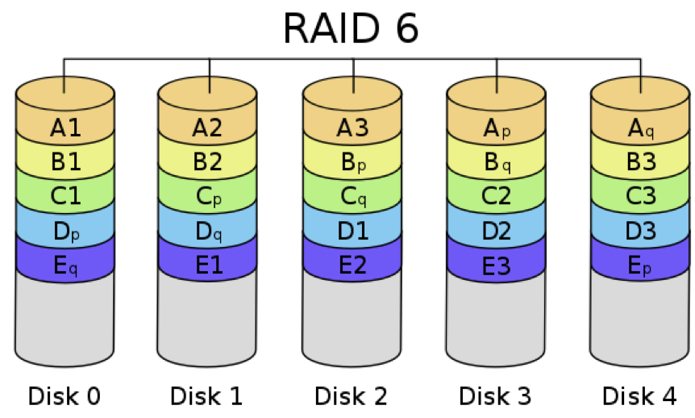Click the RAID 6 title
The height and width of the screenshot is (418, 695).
[351, 28]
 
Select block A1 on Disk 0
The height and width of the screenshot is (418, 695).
[65, 127]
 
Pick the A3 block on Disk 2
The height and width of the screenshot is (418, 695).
[352, 127]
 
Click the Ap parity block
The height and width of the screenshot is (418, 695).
[496, 127]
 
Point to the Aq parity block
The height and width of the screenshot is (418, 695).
[641, 127]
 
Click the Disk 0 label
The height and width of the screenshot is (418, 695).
[65, 396]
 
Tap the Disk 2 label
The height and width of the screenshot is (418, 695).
[351, 396]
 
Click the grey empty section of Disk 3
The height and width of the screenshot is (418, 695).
[496, 323]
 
